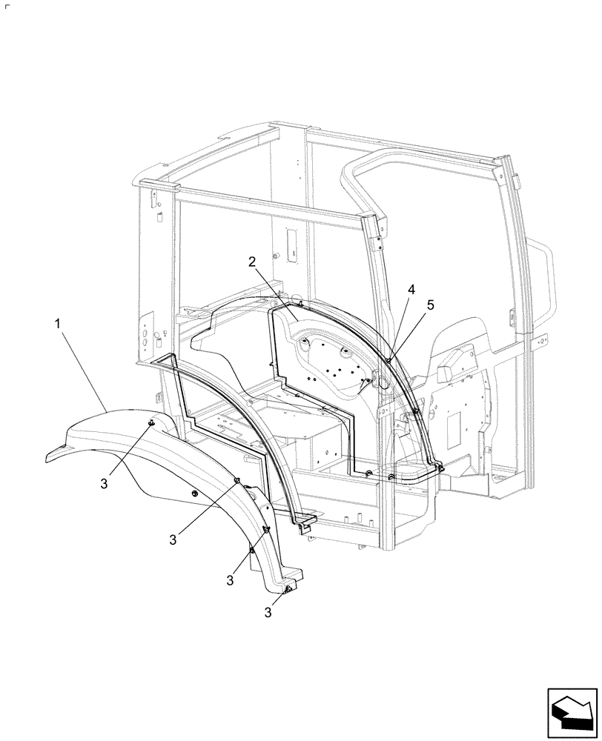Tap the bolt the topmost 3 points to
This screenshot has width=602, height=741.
coord(150,422)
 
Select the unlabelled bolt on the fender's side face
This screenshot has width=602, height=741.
coord(194,494)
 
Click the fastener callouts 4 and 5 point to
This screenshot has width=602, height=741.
coord(388,361)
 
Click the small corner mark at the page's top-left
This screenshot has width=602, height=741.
coord(6,5)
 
